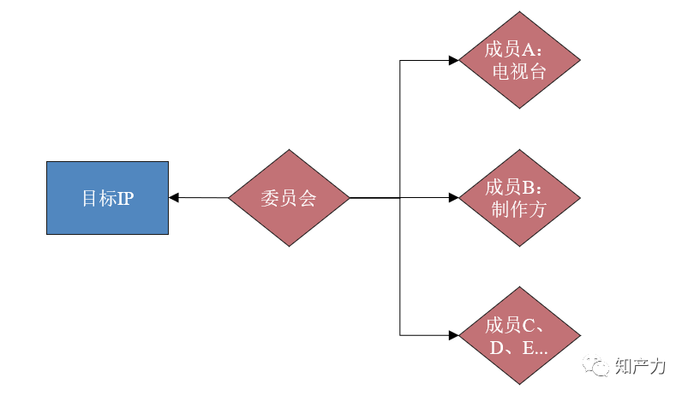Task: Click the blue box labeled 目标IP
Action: pyautogui.click(x=107, y=198)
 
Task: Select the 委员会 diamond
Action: pyautogui.click(x=289, y=198)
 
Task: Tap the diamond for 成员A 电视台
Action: pyautogui.click(x=519, y=60)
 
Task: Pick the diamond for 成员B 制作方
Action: pyautogui.click(x=519, y=198)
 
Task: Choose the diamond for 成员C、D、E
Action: pyautogui.click(x=519, y=335)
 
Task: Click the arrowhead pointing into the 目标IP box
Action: pyautogui.click(x=174, y=198)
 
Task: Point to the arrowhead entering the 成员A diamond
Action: pyautogui.click(x=453, y=60)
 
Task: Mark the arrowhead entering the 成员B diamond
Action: pyautogui.click(x=453, y=198)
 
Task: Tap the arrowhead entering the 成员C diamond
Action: pyautogui.click(x=453, y=334)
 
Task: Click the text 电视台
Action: pyautogui.click(x=519, y=72)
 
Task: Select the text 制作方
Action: pyautogui.click(x=519, y=210)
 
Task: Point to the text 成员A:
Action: pyautogui.click(x=519, y=49)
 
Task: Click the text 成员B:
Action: pyautogui.click(x=519, y=187)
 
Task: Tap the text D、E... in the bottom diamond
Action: pyautogui.click(x=519, y=347)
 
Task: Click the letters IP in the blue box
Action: pyautogui.click(x=125, y=198)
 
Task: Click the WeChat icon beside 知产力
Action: pyautogui.click(x=597, y=366)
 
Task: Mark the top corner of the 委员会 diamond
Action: pyautogui.click(x=289, y=151)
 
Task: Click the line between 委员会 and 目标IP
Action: pyautogui.click(x=201, y=198)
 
